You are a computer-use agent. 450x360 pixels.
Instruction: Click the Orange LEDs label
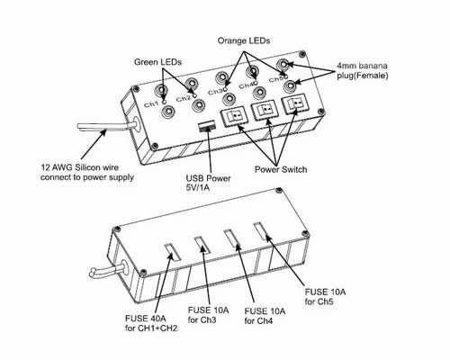pos(244,40)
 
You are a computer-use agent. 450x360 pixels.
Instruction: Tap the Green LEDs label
pos(157,62)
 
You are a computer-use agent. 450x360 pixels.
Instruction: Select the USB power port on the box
pos(207,125)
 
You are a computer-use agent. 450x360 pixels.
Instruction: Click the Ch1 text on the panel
pos(151,104)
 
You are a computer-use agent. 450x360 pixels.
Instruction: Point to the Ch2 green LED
pos(194,95)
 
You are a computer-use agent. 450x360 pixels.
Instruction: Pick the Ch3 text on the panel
pos(216,92)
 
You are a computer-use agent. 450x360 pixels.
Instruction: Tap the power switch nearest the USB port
pos(234,117)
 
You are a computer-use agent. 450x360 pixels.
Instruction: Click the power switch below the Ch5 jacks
pos(294,104)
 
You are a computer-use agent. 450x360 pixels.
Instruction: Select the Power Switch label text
pos(281,169)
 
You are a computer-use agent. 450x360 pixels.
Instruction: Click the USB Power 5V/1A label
pos(208,183)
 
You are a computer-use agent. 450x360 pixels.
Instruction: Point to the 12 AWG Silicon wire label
pos(87,172)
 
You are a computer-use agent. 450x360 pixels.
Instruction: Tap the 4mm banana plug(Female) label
pos(363,70)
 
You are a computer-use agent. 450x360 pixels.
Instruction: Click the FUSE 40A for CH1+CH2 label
pos(151,323)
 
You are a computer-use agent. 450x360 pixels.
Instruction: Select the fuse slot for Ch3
pos(202,245)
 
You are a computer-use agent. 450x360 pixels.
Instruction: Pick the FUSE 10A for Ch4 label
pos(265,316)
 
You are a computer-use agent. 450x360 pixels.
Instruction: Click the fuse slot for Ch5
pos(262,231)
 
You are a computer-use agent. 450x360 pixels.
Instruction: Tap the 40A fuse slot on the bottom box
pos(173,252)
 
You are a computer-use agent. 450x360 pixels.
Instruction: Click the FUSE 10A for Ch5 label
pos(325,296)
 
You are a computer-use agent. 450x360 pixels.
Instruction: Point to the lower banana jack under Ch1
pos(167,112)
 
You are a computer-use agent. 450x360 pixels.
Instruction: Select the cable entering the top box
pos(105,127)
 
